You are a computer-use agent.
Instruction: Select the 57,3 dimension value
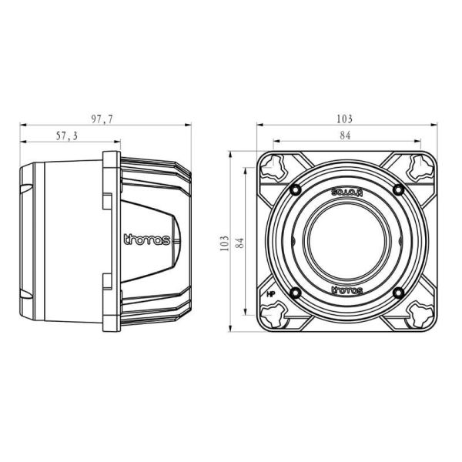click(67, 136)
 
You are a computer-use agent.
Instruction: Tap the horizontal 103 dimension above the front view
click(344, 119)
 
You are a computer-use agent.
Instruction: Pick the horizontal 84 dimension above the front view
click(345, 136)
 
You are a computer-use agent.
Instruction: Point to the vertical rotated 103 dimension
click(224, 243)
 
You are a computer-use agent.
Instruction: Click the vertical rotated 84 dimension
click(239, 243)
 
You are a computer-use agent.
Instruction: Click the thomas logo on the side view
click(147, 239)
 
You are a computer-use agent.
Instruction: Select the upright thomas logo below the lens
click(346, 290)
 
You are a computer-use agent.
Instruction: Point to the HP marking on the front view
click(271, 294)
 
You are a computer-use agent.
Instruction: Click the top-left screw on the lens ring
click(295, 189)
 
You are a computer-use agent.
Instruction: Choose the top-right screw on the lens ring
click(397, 189)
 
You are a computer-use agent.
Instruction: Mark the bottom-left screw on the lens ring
click(295, 292)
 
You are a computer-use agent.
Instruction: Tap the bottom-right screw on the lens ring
click(397, 292)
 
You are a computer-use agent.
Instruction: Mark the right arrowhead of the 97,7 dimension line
click(186, 125)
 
